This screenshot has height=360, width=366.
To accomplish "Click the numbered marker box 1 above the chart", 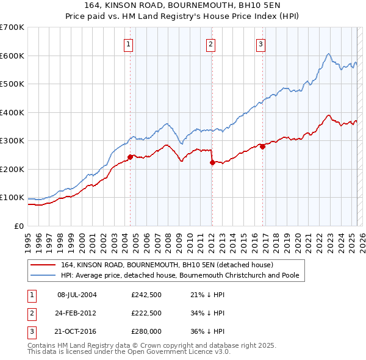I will (129, 43).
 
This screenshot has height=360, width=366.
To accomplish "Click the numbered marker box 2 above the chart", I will (210, 43).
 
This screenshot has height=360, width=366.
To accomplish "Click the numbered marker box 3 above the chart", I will (260, 43).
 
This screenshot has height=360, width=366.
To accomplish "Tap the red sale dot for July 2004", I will (130, 157).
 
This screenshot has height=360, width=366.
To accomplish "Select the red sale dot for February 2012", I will (211, 162).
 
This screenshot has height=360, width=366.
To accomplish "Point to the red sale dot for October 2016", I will (262, 146).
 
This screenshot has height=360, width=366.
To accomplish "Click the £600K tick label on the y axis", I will (12, 56).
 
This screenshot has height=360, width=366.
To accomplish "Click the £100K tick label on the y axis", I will (12, 198).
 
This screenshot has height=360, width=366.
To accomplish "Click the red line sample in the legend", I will (43, 265).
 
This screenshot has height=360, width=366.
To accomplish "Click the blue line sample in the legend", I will (43, 275).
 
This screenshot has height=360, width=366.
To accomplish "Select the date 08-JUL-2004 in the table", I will (77, 295).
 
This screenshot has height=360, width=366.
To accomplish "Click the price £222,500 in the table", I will (146, 312).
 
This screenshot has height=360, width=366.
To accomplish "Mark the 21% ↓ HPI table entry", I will (207, 295).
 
